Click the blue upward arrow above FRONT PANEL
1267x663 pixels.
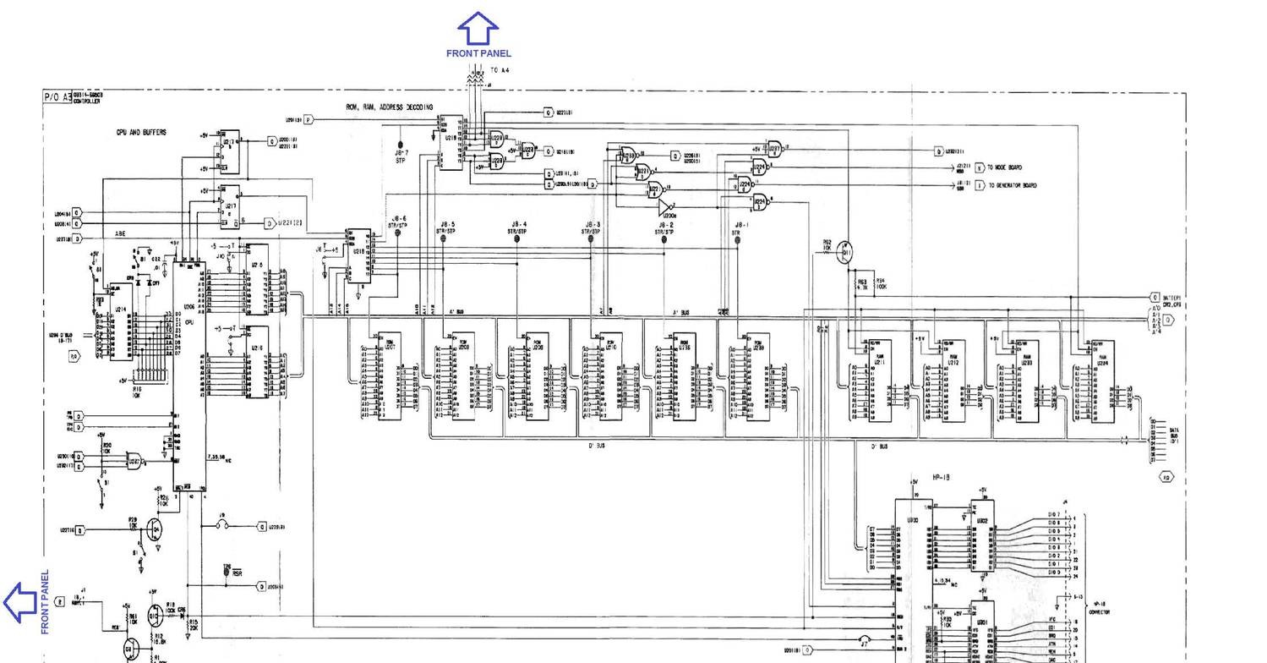(x=478, y=28)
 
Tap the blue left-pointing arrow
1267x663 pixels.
(x=19, y=603)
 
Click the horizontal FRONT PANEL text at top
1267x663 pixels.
(x=478, y=53)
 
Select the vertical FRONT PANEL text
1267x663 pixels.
(x=45, y=601)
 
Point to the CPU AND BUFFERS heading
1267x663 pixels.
(x=141, y=133)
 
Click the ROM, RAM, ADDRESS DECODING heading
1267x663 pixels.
(x=390, y=107)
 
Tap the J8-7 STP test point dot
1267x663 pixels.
(x=401, y=145)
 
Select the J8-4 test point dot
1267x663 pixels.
(x=517, y=239)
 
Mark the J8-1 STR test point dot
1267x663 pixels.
(x=737, y=239)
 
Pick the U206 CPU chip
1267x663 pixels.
(x=189, y=372)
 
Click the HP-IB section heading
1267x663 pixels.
(x=940, y=478)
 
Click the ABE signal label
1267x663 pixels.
(x=121, y=233)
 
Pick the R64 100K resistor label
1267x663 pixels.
(x=881, y=284)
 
